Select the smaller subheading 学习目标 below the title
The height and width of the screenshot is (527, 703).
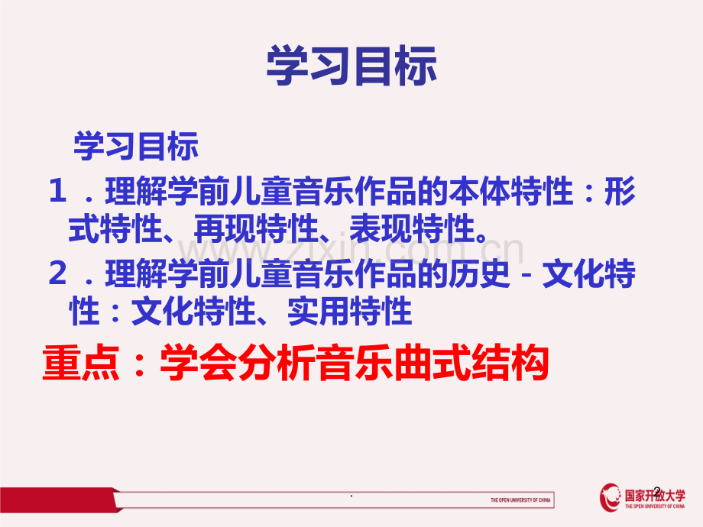136,146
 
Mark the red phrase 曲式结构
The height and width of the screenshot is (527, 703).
468,363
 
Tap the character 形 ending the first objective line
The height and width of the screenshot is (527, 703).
620,191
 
